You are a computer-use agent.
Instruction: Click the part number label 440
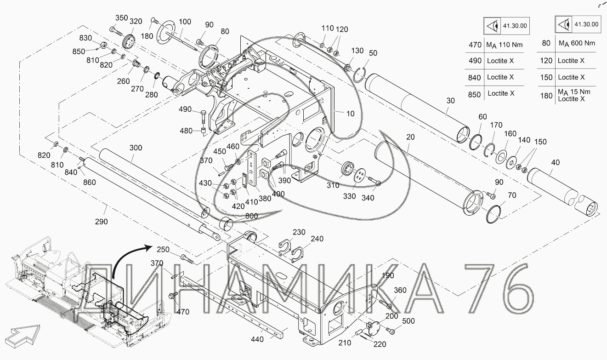257,339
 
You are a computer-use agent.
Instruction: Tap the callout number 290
102,222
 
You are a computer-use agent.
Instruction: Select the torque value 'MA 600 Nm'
577,43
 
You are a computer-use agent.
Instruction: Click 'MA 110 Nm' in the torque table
504,45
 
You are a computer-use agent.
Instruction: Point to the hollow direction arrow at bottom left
23,337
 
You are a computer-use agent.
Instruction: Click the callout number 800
251,216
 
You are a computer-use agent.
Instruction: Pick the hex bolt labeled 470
173,295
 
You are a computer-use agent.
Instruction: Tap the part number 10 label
351,114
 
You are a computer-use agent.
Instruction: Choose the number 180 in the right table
546,96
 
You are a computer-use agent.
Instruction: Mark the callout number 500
408,321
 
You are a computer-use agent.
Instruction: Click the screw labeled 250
187,259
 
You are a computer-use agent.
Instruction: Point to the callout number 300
136,148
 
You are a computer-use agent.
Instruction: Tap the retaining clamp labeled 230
285,247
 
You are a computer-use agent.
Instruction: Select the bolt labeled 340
374,181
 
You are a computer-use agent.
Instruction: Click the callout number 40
555,162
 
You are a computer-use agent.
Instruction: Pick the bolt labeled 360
385,304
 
